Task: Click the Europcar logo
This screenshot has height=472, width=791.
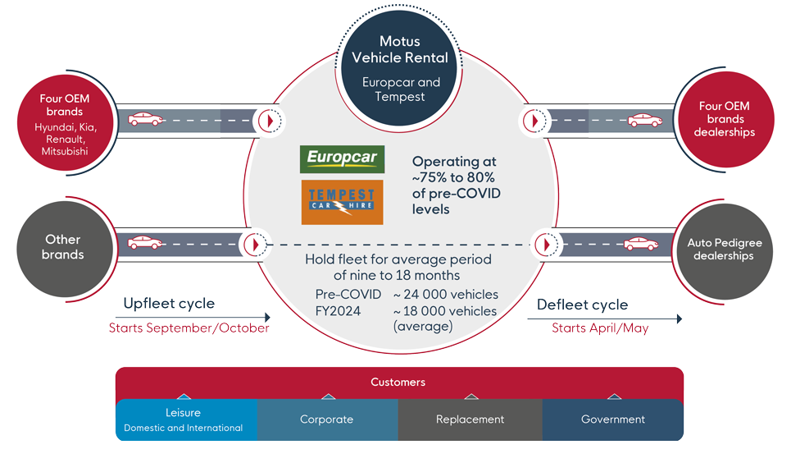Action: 342,158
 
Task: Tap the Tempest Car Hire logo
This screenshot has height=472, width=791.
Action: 342,202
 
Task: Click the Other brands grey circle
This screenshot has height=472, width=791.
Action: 63,247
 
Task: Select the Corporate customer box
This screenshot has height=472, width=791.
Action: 326,419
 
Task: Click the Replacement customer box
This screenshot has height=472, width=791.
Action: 470,419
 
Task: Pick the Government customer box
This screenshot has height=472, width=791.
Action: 612,419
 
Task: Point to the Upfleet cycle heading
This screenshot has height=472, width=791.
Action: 169,304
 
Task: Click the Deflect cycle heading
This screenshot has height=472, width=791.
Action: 582,305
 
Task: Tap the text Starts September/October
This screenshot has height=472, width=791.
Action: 189,328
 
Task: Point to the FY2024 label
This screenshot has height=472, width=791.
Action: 339,311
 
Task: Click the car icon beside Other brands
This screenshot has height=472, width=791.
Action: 144,243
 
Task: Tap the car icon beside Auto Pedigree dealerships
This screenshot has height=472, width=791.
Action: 642,244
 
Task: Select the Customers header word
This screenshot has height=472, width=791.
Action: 398,383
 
